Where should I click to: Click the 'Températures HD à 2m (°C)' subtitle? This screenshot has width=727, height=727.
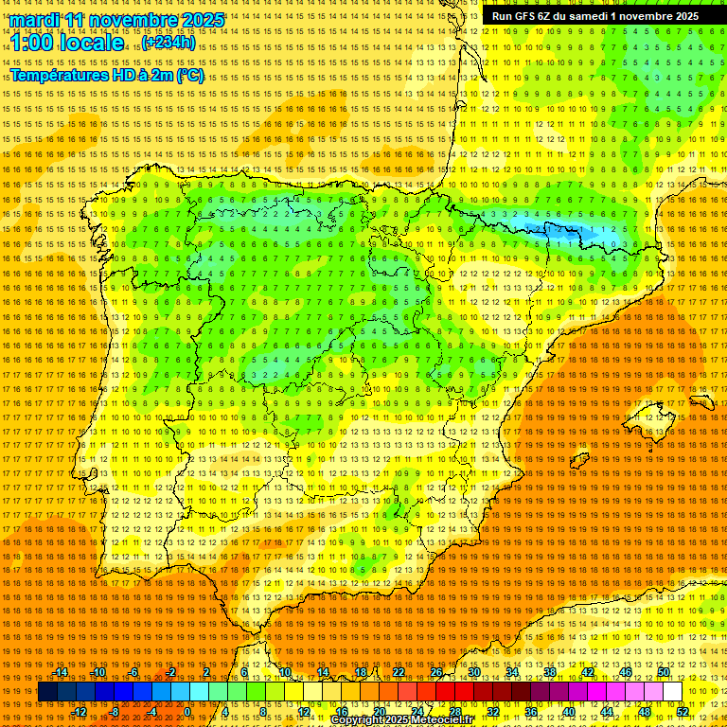[x=107, y=76]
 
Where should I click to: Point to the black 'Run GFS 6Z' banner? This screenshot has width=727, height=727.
[x=594, y=16]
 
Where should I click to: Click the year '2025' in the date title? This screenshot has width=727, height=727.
[x=202, y=20]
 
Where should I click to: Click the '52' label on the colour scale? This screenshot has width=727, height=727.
[x=683, y=712]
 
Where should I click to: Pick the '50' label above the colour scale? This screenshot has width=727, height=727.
[x=664, y=672]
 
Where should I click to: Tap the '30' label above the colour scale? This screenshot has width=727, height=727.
[x=473, y=672]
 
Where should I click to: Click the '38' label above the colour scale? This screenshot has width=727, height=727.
[x=549, y=672]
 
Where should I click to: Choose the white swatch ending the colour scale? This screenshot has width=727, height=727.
[x=673, y=692]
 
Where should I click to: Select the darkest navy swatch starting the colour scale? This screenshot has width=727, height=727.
[x=47, y=692]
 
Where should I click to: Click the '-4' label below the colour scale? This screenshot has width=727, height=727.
[x=151, y=712]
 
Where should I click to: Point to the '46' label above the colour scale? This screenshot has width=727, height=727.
[x=625, y=672]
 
